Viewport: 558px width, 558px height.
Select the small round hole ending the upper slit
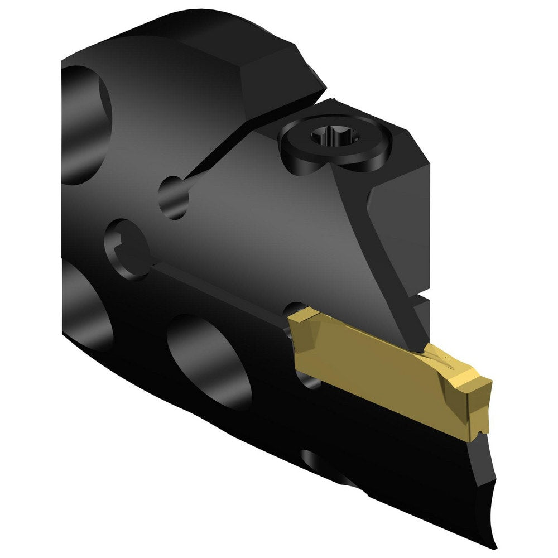point(174,196)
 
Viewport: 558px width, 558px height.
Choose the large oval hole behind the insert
point(209,360)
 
